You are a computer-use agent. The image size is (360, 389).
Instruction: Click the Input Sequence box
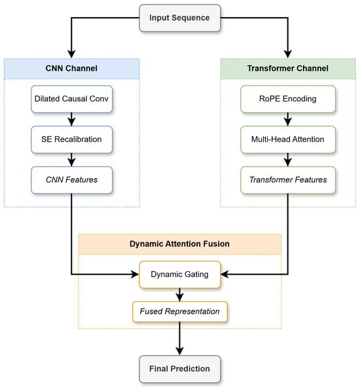179,18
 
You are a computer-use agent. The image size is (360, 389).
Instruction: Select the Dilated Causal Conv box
71,99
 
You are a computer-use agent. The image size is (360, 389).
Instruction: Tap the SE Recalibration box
71,139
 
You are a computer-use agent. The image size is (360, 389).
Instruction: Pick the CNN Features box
71,180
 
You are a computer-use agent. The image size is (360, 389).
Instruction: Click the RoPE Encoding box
288,99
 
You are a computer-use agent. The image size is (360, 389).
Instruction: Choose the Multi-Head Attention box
288,139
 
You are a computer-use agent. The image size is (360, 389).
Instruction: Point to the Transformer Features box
288,180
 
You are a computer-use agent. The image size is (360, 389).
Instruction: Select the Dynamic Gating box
179,275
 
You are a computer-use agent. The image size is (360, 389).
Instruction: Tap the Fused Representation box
179,312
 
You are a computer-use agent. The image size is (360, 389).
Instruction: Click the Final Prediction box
179,369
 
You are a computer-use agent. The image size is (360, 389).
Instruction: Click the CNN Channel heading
71,69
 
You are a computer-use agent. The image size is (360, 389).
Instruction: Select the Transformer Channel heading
288,69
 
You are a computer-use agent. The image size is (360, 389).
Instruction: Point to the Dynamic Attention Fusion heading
179,244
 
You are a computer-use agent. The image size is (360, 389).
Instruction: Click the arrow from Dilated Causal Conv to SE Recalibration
71,120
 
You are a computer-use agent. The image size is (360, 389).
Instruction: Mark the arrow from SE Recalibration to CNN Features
71,160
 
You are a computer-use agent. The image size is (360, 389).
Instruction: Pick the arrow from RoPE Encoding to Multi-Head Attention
288,120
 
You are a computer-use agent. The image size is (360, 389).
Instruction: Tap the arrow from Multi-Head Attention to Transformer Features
288,160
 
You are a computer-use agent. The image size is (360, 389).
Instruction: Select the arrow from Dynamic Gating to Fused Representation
179,295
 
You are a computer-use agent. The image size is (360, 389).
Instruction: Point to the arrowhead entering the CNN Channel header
71,54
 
